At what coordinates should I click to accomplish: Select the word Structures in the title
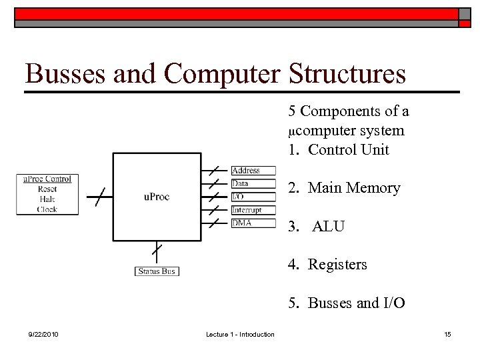pos(347,74)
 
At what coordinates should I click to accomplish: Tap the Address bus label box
pos(253,171)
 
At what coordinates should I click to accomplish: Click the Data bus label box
pos(253,183)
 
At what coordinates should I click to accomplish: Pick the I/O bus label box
pos(253,197)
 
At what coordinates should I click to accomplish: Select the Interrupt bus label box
pos(253,210)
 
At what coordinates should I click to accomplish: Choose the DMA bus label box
pos(253,223)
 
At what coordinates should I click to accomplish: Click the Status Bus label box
pos(157,271)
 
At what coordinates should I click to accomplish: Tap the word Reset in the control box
pos(47,189)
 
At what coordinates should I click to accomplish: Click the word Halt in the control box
pos(47,199)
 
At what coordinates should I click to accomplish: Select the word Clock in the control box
pos(47,209)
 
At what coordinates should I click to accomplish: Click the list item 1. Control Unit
pos(338,150)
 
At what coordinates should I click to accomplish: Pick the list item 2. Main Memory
pos(344,189)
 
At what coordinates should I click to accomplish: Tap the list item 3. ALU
pos(317,227)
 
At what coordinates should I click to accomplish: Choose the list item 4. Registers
pos(327,265)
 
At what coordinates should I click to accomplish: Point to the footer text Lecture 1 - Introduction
pos(240,334)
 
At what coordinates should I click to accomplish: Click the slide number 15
pos(447,334)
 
